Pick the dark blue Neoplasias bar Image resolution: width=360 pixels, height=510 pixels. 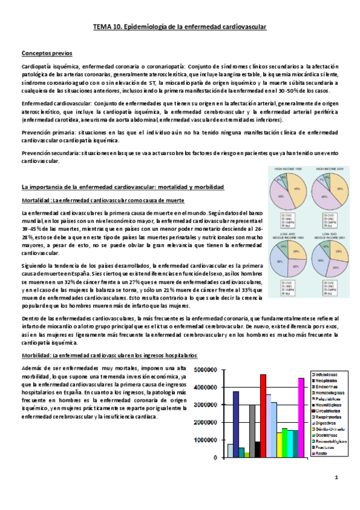coord(219,423)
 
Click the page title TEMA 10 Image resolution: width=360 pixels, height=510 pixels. coord(180,27)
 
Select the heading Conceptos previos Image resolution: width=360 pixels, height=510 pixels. coord(43,53)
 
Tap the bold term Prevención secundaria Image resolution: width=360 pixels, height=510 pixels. coord(47,155)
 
